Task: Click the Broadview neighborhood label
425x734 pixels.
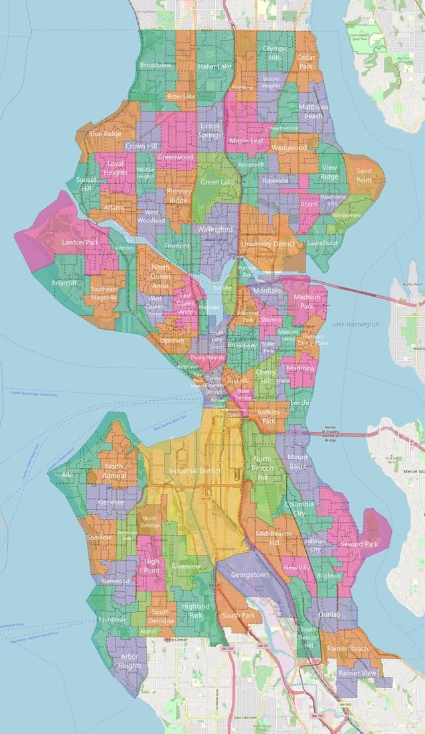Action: [155, 65]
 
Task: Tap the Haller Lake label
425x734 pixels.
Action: [214, 66]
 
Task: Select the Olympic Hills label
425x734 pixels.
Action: [275, 53]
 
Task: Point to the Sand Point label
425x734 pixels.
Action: [364, 175]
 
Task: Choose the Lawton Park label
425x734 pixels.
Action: [80, 242]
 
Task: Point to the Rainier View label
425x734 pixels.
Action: [358, 672]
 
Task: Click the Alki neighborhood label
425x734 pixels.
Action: [67, 475]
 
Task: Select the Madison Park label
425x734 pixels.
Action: [306, 301]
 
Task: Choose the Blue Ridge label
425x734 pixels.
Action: [105, 133]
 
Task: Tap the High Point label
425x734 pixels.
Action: [151, 565]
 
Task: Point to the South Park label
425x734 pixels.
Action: [238, 615]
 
